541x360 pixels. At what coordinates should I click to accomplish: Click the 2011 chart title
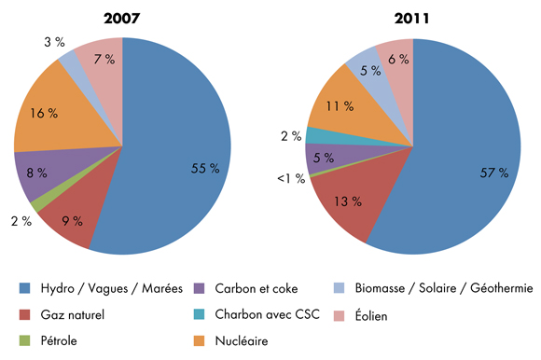[x=413, y=18]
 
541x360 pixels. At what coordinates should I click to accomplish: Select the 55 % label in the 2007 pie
[x=204, y=169]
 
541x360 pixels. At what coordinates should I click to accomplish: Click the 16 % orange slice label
[x=44, y=113]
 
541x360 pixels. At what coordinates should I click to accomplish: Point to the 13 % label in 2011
[x=352, y=202]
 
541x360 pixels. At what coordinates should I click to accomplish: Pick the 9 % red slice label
[x=72, y=221]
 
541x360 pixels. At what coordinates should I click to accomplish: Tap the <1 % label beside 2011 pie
[x=293, y=178]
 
